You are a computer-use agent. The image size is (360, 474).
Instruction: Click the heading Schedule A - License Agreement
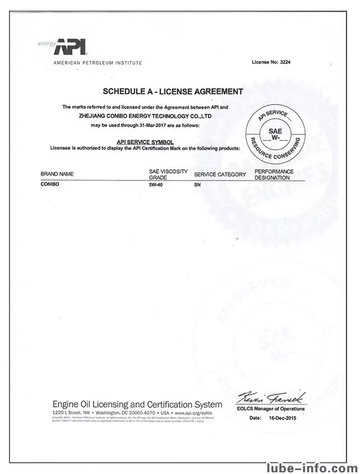pos(173,91)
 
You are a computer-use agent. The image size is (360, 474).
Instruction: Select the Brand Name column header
pos(57,174)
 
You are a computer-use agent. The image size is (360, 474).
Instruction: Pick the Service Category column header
pos(219,174)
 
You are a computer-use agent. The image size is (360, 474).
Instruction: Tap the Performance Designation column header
pos(274,174)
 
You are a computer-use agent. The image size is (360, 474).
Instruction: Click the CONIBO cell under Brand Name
pos(50,183)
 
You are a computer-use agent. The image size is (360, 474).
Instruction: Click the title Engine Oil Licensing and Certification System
pos(137,404)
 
